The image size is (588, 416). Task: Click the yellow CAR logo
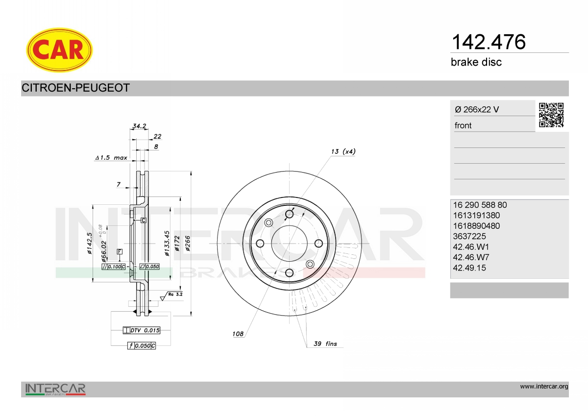59,50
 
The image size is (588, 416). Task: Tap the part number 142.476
488,42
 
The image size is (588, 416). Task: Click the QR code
551,115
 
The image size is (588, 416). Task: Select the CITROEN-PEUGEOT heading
75,88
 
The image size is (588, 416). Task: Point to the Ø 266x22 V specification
477,110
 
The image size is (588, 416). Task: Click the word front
463,125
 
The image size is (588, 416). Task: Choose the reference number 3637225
469,236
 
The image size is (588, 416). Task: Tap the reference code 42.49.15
469,268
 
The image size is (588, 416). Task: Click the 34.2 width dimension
139,126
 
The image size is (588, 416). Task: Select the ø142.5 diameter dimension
90,244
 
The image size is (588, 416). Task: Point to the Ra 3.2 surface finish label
175,294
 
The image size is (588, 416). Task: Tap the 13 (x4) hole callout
343,151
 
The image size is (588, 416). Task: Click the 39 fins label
325,344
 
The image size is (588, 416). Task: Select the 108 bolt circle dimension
238,334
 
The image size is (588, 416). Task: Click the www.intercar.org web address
544,387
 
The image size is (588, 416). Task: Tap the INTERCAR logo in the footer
55,390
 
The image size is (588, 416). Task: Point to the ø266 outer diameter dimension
187,244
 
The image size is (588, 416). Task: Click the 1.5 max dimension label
111,158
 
